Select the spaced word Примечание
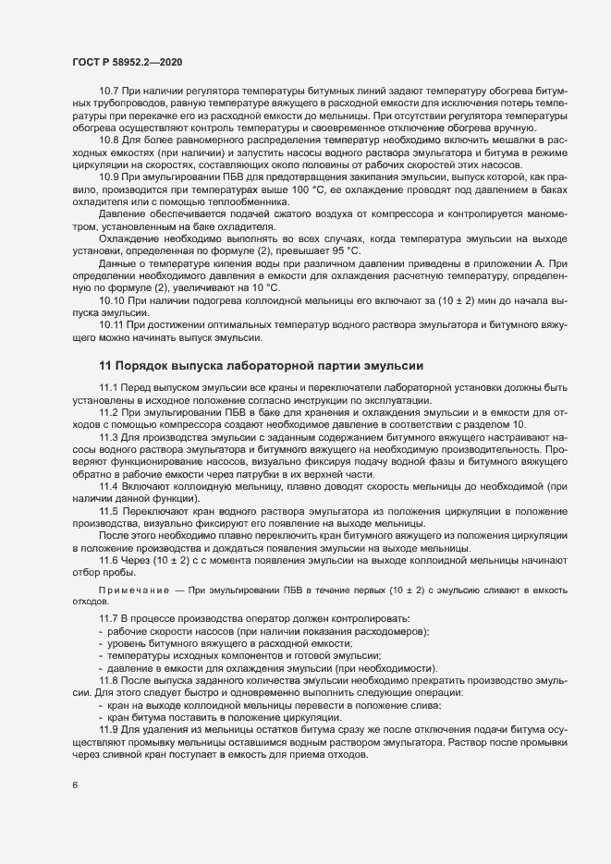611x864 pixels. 132,589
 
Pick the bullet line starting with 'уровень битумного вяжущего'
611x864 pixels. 230,643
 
